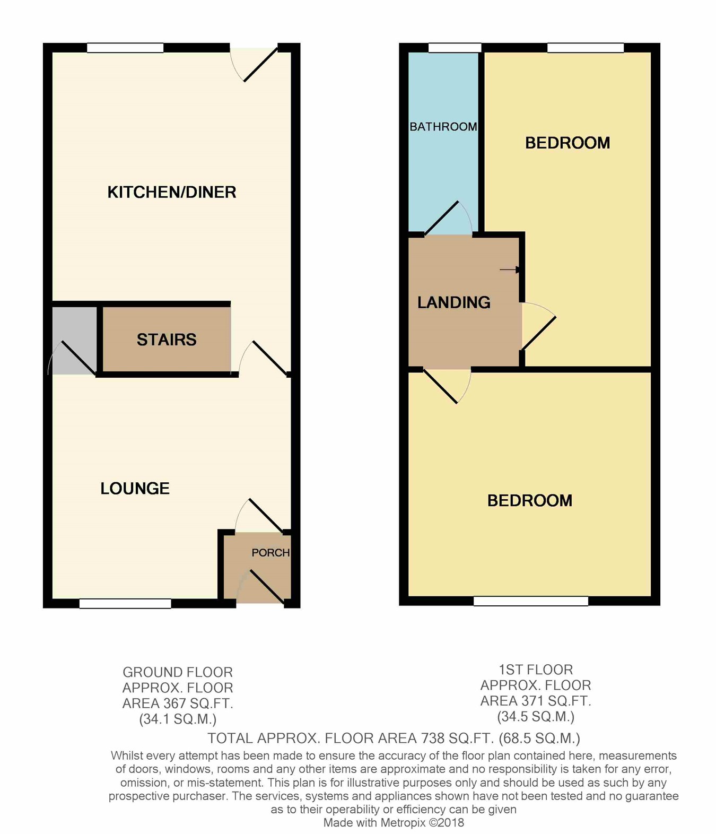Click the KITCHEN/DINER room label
[171, 192]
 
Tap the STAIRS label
[167, 340]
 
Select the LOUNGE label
[135, 488]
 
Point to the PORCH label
[270, 553]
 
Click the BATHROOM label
[443, 127]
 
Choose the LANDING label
[453, 302]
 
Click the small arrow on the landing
[510, 270]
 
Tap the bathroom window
[455, 48]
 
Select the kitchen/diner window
[125, 48]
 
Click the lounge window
[125, 603]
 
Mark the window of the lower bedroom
[530, 601]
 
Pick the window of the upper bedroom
[585, 48]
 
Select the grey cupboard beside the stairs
[74, 340]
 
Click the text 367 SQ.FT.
[197, 703]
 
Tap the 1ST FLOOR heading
[536, 670]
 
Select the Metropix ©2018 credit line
[394, 823]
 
